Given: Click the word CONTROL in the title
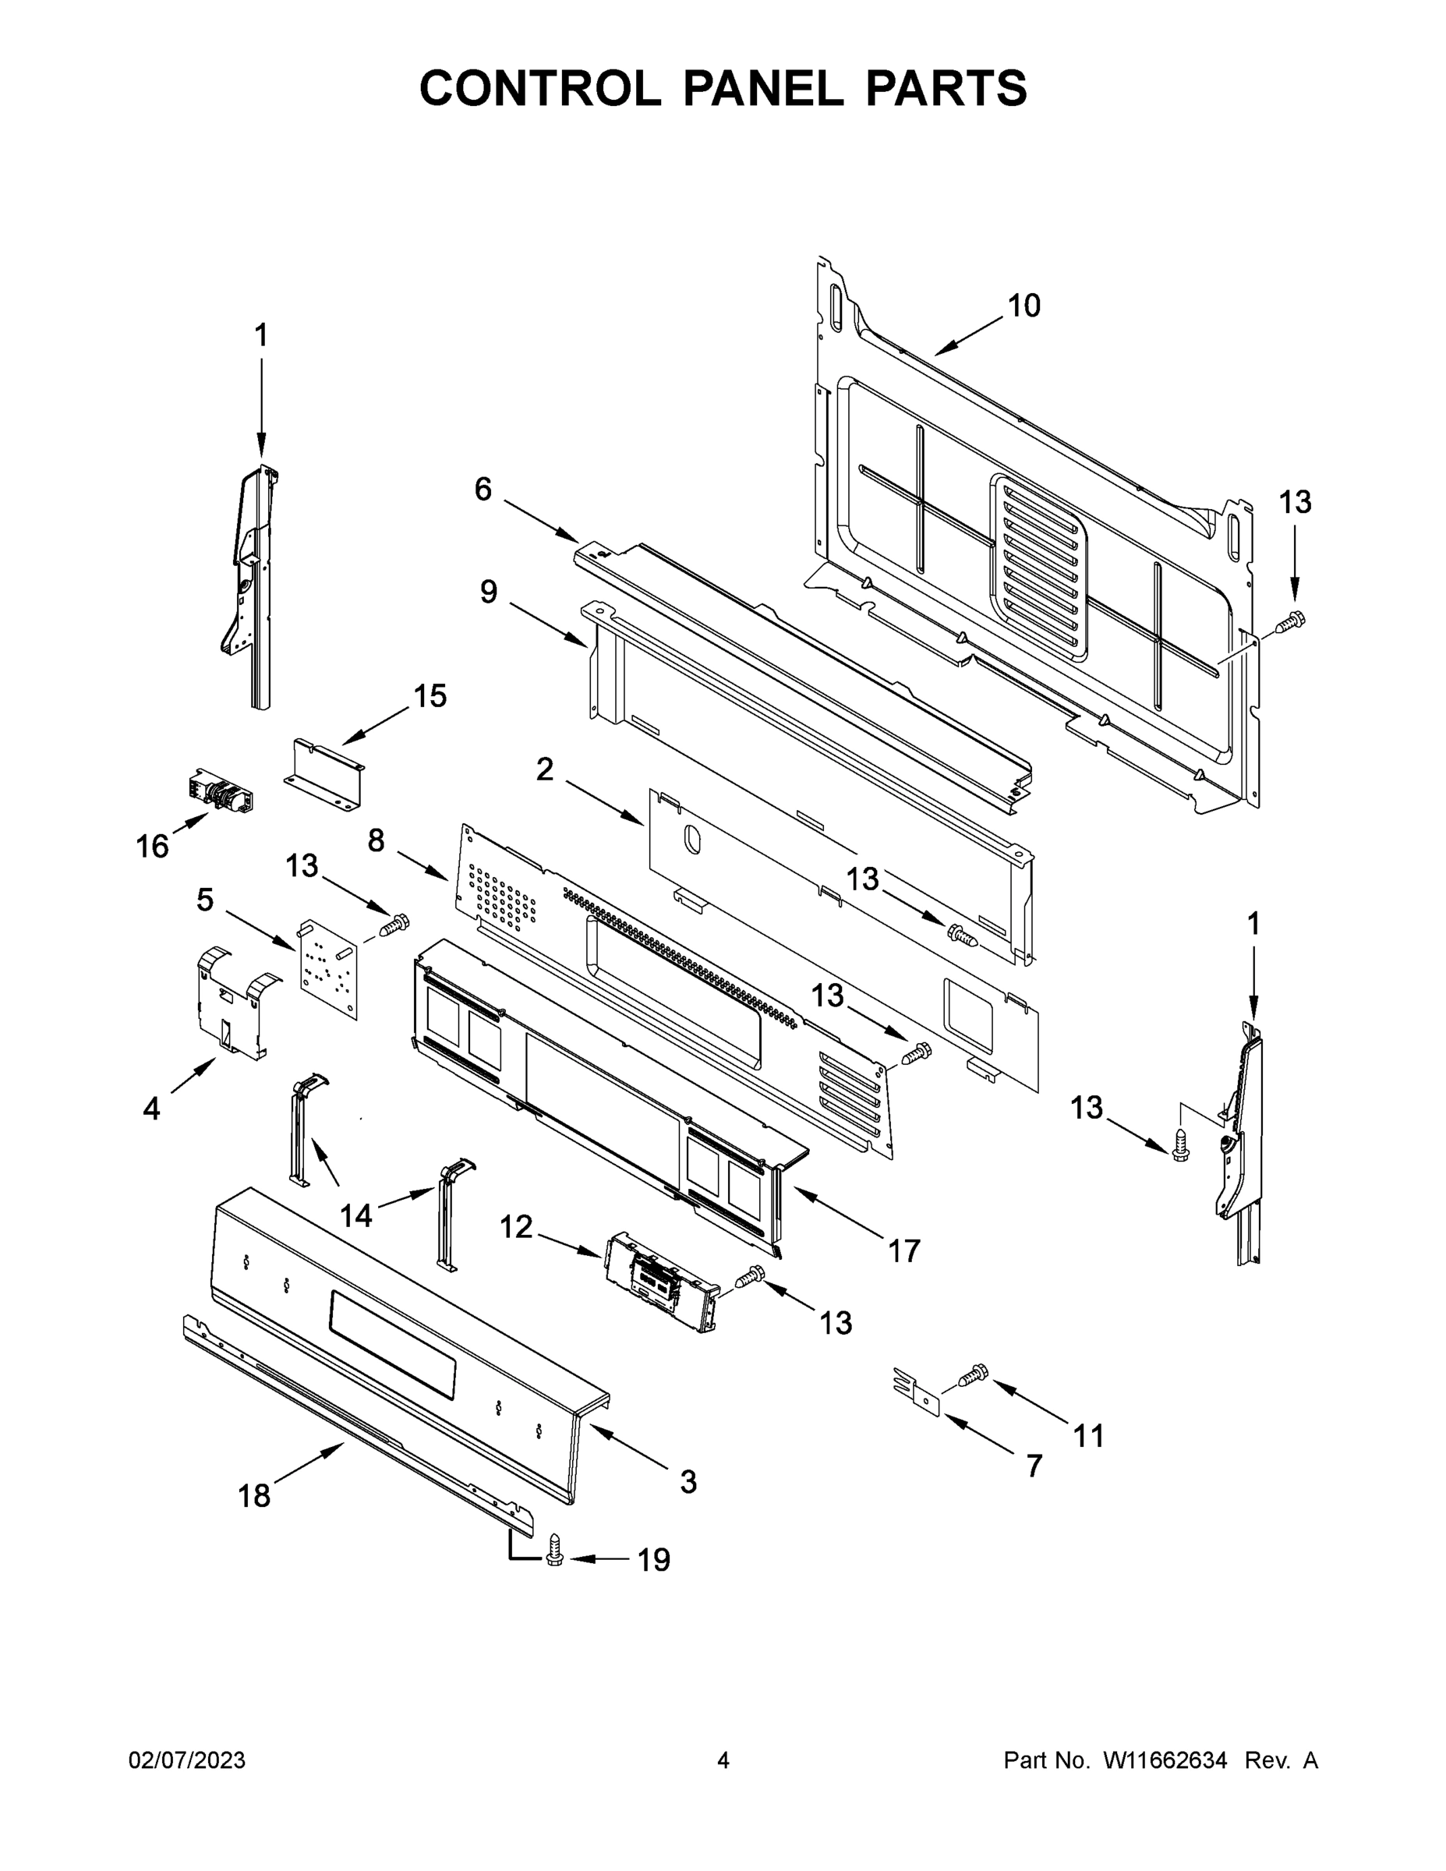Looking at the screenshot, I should (539, 88).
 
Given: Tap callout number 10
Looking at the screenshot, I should (1024, 306).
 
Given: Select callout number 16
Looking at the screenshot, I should (153, 847).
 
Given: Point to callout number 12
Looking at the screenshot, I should (516, 1228).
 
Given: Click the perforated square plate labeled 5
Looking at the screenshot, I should (328, 969).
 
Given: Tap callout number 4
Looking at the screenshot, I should (152, 1109).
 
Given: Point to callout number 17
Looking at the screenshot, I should (903, 1250).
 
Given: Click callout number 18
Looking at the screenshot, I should (254, 1496).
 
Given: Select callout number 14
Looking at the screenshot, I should (356, 1215).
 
